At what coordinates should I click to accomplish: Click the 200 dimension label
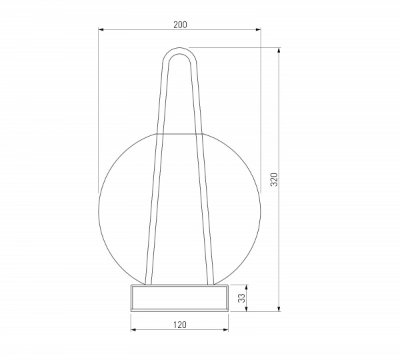point(180,25)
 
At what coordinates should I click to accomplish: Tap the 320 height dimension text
point(274,179)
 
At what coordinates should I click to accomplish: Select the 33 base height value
point(241,298)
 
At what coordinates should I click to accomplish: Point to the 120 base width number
point(180,325)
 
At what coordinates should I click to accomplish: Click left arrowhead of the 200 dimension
point(101,29)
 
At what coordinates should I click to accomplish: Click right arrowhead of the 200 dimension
point(259,29)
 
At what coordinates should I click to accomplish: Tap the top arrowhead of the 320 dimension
point(279,50)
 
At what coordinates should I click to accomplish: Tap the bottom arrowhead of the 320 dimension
point(279,309)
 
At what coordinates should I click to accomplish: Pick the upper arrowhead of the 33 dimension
point(246,287)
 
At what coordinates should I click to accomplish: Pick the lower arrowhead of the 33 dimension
point(246,309)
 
